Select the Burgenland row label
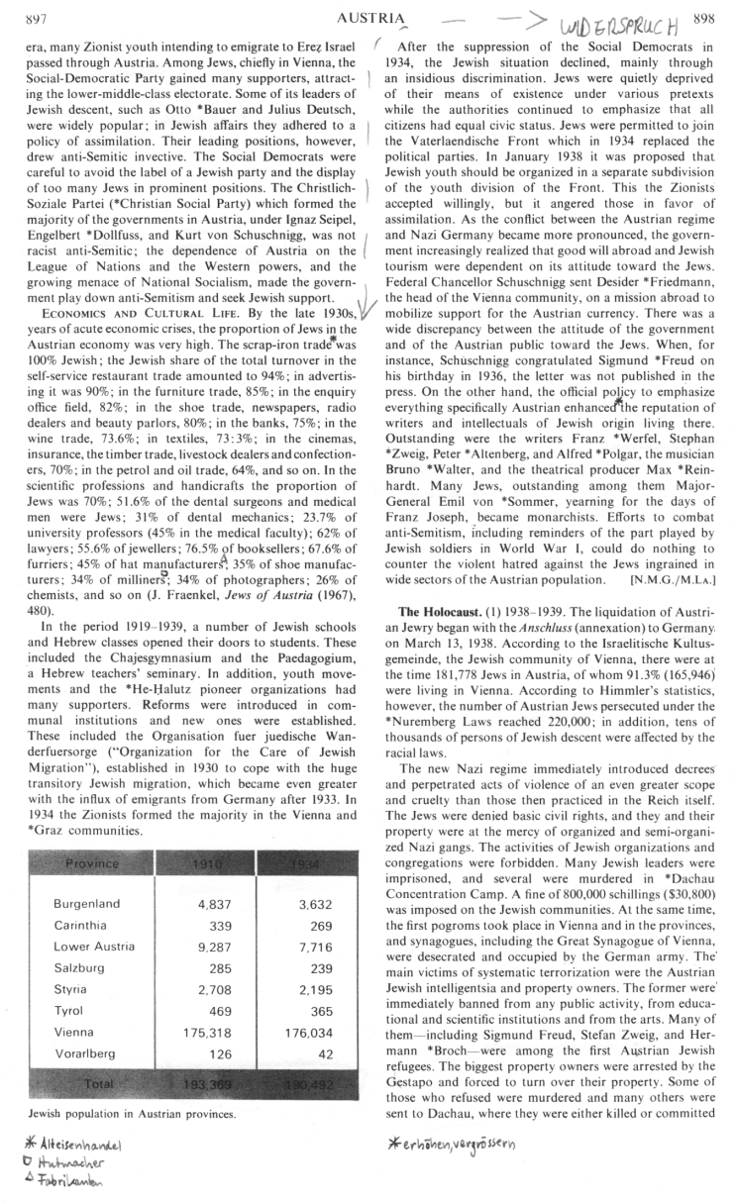(x=87, y=904)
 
